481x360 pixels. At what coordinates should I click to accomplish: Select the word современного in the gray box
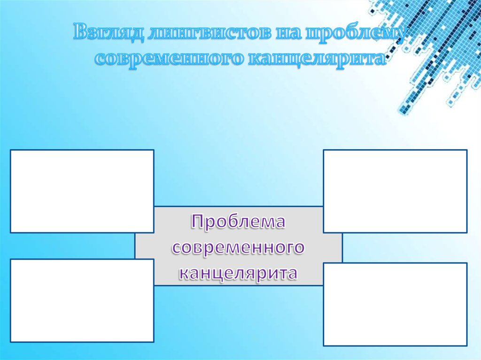pos(238,247)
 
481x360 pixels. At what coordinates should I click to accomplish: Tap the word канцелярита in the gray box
pos(238,273)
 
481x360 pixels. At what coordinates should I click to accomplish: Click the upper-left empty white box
pos(82,191)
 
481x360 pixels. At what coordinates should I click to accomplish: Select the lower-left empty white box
pos(82,300)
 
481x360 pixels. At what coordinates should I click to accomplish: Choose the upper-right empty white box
pos(395,191)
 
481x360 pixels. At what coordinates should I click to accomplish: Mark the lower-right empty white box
pos(395,304)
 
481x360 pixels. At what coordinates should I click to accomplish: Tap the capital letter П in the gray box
pos(198,221)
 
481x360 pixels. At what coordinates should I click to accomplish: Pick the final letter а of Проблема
pos(280,222)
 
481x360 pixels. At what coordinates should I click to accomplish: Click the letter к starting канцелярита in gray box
pos(183,273)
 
